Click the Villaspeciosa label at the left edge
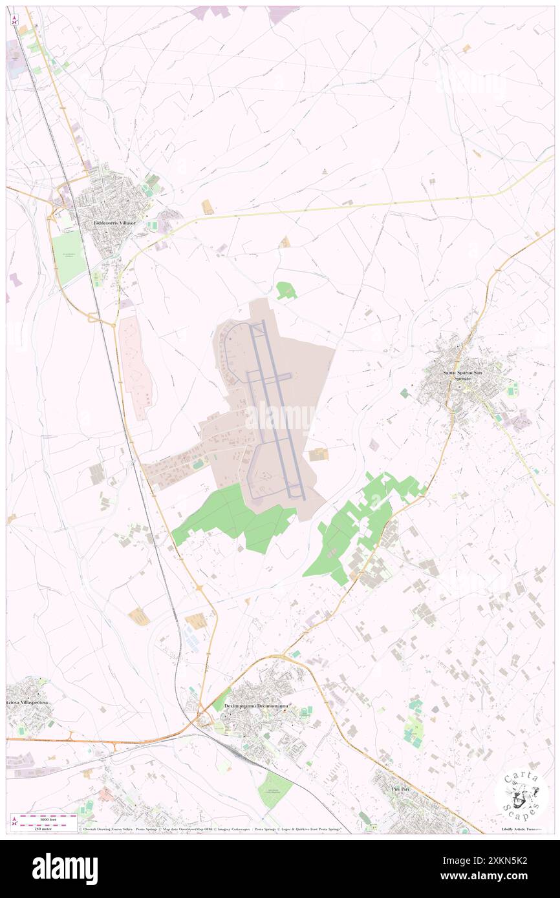26,701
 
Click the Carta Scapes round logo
521,795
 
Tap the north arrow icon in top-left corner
14,20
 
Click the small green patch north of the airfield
286,291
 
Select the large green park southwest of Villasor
68,256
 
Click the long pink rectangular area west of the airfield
136,365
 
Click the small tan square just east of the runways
318,455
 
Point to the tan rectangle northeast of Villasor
208,207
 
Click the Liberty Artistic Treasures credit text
524,829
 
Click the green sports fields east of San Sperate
513,389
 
